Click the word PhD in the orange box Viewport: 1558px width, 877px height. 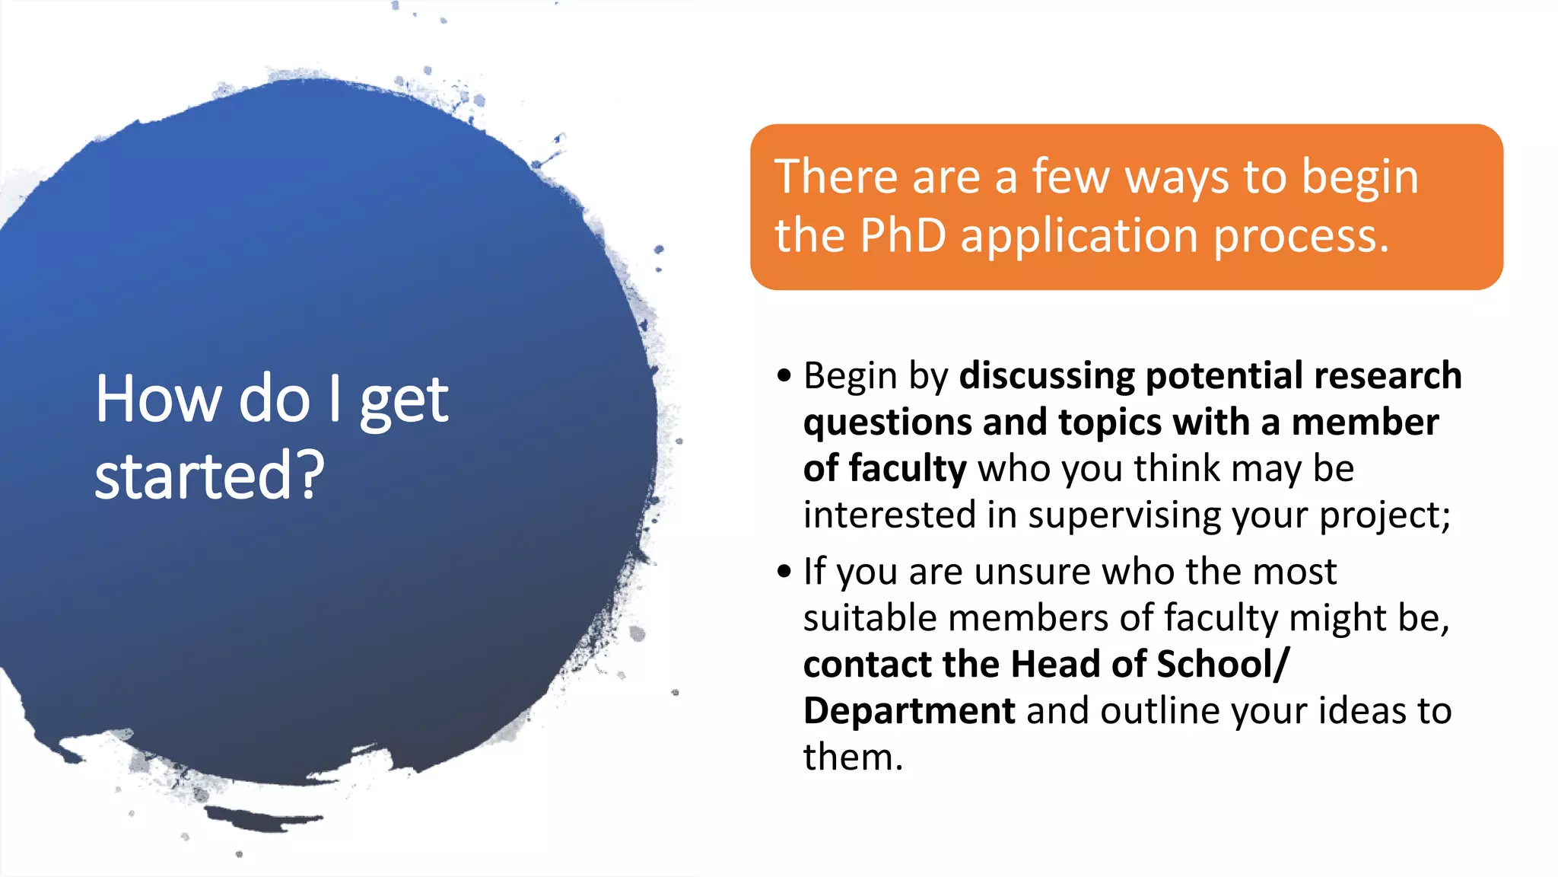[x=903, y=235]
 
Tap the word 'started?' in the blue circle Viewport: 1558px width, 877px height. [x=209, y=475]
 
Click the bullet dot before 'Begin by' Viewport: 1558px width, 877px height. [x=784, y=375]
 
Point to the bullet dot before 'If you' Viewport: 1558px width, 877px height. [x=784, y=571]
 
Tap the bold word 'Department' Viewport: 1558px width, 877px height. [x=908, y=711]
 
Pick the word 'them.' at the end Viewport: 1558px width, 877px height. [x=853, y=757]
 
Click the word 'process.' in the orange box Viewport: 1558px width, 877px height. [x=1301, y=235]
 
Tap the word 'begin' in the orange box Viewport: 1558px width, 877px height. [x=1359, y=177]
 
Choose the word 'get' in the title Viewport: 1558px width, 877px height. [x=403, y=400]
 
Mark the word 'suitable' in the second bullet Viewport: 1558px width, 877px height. [x=870, y=617]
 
